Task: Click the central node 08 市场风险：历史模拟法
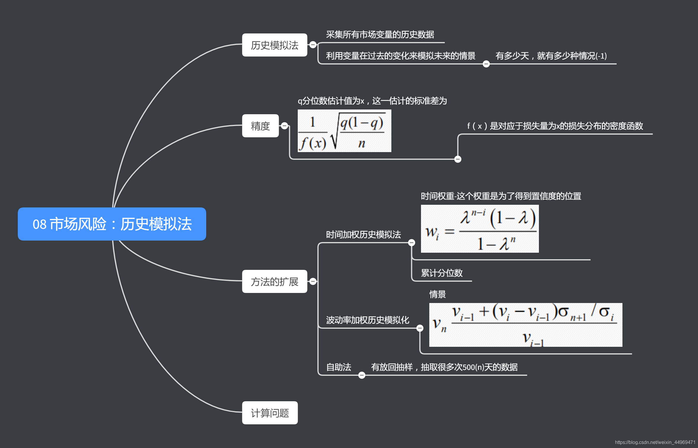point(112,224)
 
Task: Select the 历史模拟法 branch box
point(274,45)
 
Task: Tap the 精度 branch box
point(260,126)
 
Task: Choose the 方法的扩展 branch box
point(274,281)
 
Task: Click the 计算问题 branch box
point(270,413)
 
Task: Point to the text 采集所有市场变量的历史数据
point(380,35)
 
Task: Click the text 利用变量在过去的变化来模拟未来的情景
point(401,56)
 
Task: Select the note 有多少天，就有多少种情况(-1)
point(551,56)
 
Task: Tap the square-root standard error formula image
point(344,131)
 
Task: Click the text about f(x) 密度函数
point(555,126)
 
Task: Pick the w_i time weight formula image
point(480,229)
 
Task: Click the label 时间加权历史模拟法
point(363,235)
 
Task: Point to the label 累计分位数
point(441,273)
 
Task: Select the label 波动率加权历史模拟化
point(367,320)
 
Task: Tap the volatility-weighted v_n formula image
point(526,325)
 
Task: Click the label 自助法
point(338,367)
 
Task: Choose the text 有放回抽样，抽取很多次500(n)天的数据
point(444,367)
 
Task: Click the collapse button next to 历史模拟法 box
point(313,45)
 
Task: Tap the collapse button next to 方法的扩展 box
point(313,281)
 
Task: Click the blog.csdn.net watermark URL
point(655,442)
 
